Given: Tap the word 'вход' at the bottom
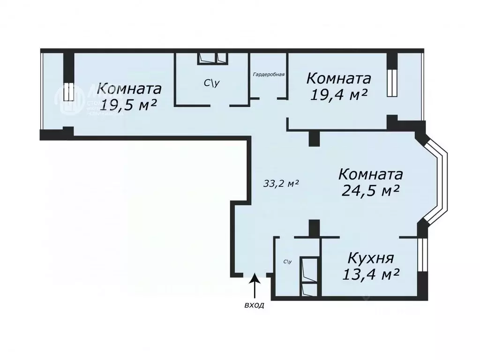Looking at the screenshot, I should click(x=255, y=305).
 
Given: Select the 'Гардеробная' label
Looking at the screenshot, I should click(x=269, y=74).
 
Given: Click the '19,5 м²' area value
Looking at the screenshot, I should click(x=128, y=105).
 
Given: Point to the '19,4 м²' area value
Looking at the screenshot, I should click(x=338, y=94).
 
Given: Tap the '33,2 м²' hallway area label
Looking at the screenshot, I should click(x=281, y=183).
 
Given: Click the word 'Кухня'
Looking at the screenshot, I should click(x=370, y=258).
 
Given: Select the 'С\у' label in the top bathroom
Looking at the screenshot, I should click(x=211, y=83).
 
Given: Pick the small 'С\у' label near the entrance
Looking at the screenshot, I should click(x=287, y=262).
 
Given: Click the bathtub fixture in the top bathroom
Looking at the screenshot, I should click(x=212, y=58).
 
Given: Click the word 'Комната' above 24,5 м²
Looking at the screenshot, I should click(x=370, y=174).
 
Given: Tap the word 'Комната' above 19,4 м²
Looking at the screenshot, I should click(x=339, y=78).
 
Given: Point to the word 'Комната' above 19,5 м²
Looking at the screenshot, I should click(x=130, y=88).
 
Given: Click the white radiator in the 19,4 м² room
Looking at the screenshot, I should click(x=392, y=83).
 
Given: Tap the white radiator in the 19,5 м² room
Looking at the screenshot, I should click(x=68, y=92).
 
